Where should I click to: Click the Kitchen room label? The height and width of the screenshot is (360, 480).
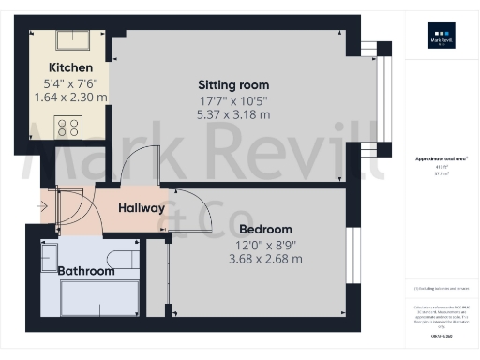[x=70, y=67]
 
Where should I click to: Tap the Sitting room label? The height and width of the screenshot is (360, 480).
[x=233, y=82]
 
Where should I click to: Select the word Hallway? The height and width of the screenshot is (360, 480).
[x=142, y=207]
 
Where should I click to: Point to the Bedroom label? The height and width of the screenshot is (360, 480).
[x=265, y=229]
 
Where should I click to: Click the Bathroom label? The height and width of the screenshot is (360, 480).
[x=86, y=271]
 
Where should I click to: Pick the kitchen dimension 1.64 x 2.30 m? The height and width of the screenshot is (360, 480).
[x=70, y=97]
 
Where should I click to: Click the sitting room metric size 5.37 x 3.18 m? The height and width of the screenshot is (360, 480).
[x=233, y=114]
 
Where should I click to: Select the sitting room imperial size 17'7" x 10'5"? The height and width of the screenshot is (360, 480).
[x=233, y=99]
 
